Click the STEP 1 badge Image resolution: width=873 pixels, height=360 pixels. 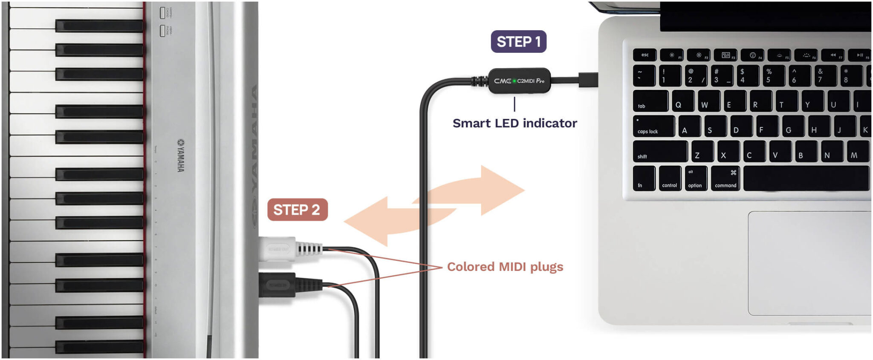[x=518, y=42]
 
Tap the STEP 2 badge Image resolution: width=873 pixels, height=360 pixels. [x=297, y=210]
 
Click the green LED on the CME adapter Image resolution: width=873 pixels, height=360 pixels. [x=514, y=81]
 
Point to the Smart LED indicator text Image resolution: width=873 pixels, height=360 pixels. [x=515, y=123]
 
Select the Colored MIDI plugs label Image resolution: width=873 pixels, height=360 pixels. [x=505, y=267]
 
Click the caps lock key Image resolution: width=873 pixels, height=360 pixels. [x=653, y=127]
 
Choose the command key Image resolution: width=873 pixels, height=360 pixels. [x=726, y=179]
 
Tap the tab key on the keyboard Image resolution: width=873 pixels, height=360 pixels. [x=650, y=101]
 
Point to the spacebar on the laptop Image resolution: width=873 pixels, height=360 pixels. [x=806, y=179]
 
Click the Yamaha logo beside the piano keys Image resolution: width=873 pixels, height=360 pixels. [x=181, y=155]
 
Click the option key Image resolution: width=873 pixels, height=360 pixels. [x=695, y=179]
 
